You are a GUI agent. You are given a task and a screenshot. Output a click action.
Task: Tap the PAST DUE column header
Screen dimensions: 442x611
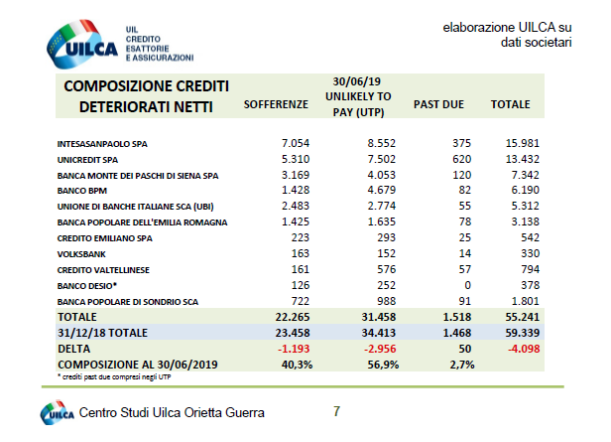[433, 104]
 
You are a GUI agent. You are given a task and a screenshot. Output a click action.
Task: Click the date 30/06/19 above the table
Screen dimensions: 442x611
[359, 79]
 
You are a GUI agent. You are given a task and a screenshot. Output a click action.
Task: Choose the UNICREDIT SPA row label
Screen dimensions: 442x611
[88, 159]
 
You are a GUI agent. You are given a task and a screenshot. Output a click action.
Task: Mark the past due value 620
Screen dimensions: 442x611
[433, 159]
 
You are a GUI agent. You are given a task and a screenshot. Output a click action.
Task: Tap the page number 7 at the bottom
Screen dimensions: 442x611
[336, 410]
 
